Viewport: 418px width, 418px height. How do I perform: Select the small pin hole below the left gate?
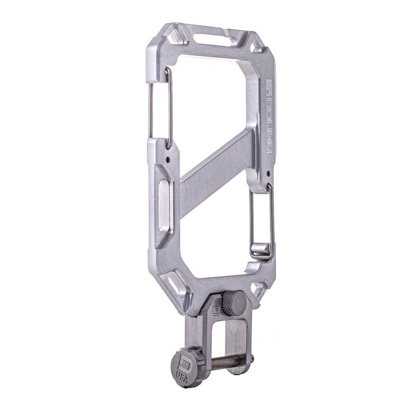pos(168,160)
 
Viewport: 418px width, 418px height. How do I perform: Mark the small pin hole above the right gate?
pos(268,174)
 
